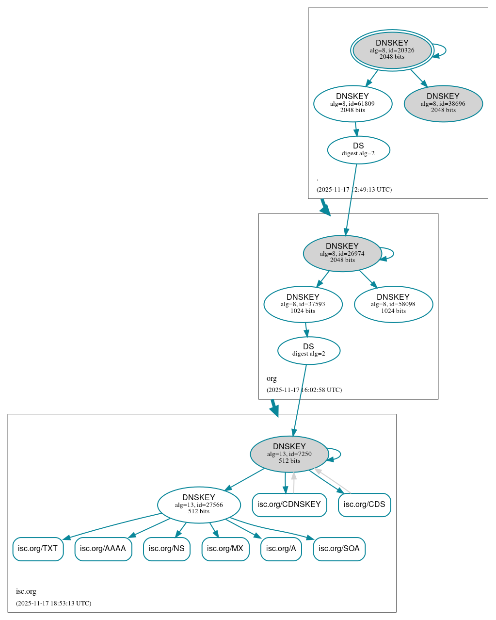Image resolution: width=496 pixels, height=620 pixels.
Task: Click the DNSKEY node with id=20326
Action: click(392, 50)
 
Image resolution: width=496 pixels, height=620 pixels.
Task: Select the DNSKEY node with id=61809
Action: click(352, 103)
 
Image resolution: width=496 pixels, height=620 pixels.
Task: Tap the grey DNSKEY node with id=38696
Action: click(443, 103)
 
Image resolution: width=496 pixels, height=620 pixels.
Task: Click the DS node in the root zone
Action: click(358, 149)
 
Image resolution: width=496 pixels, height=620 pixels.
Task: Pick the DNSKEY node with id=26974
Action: click(342, 253)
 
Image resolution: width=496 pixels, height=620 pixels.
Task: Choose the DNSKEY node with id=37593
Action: click(303, 304)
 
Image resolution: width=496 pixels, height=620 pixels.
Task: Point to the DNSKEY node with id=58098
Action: click(393, 304)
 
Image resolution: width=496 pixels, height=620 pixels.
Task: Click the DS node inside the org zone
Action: click(308, 350)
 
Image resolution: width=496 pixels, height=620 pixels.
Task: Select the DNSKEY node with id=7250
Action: click(289, 454)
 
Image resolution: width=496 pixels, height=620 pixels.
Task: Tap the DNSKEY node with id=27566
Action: click(198, 505)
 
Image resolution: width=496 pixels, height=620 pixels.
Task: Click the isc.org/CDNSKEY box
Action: click(289, 505)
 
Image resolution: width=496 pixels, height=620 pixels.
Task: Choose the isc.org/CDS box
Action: click(364, 505)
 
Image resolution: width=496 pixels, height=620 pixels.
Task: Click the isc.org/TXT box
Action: click(38, 549)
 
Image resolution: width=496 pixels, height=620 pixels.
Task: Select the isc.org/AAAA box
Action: click(103, 549)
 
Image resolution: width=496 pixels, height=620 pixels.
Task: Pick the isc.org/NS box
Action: click(166, 549)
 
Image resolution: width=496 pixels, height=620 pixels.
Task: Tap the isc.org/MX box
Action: click(225, 549)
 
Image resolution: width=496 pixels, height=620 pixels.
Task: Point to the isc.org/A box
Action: click(281, 549)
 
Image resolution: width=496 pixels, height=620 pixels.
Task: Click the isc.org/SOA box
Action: click(339, 549)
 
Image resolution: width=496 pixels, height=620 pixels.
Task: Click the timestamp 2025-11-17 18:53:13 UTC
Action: click(53, 604)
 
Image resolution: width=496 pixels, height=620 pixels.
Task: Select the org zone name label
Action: click(272, 378)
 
